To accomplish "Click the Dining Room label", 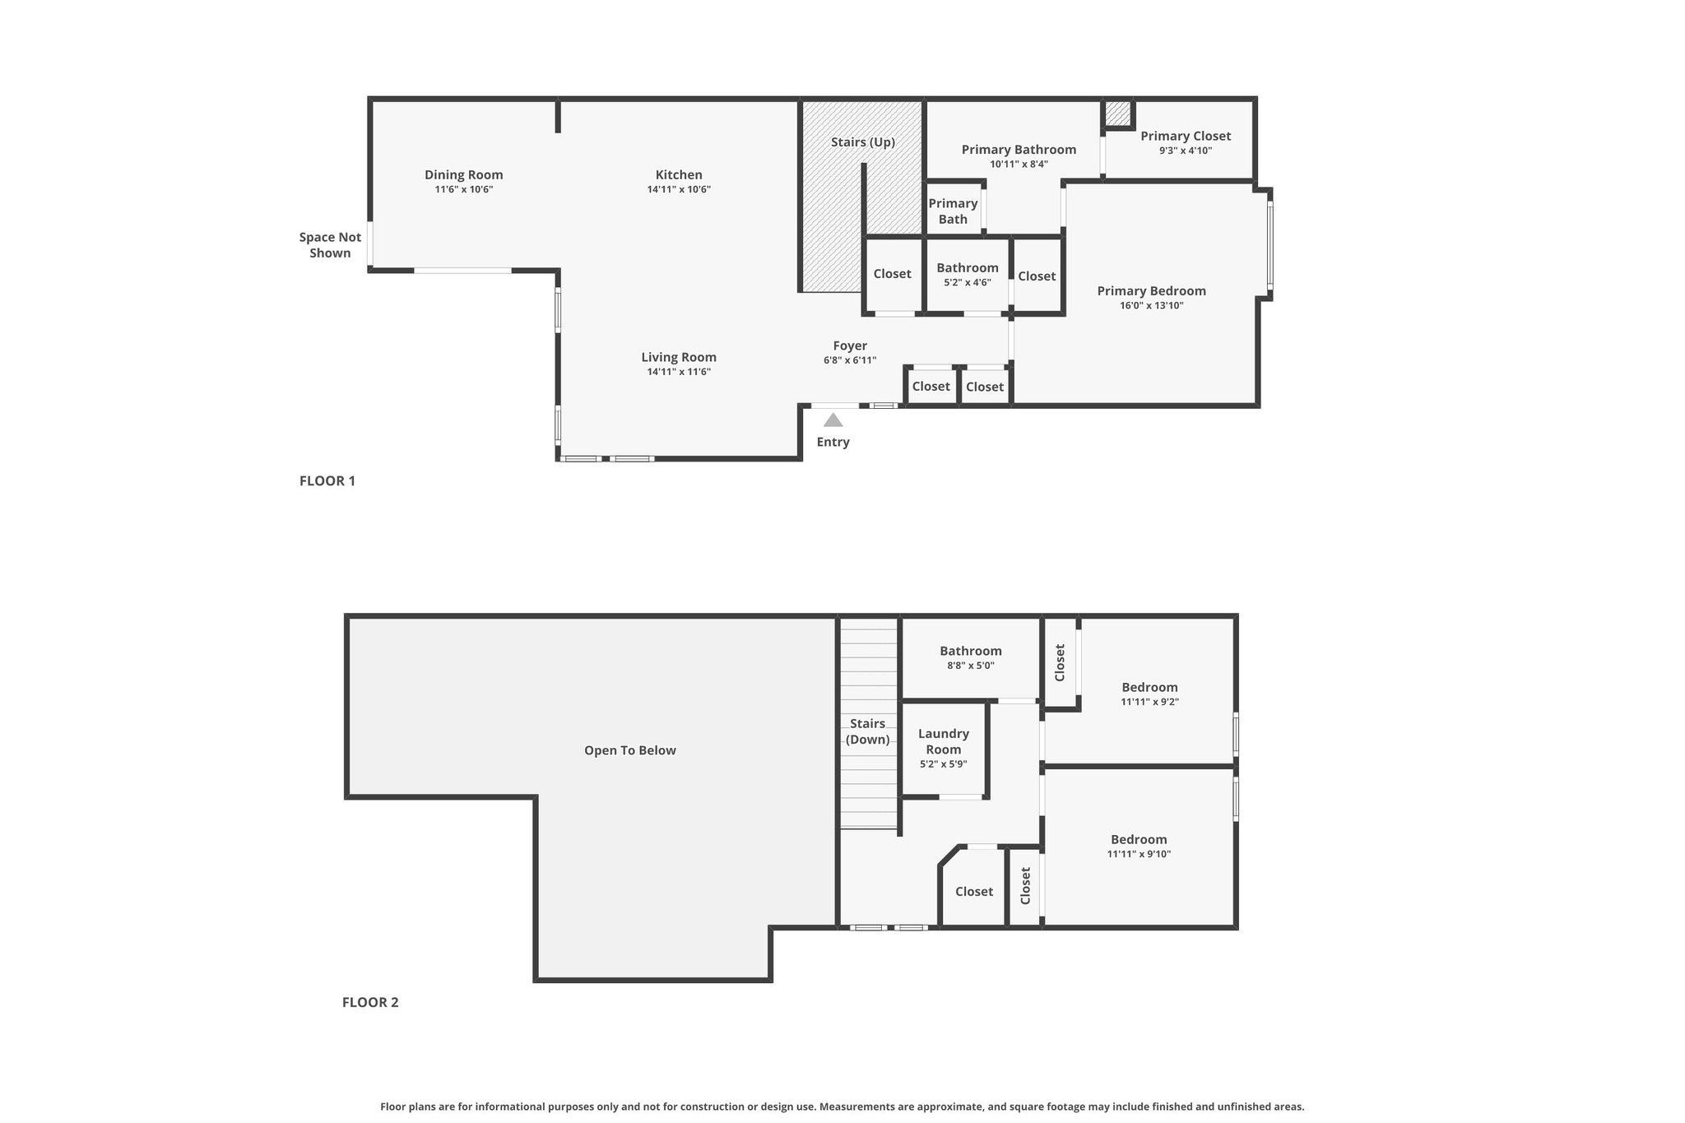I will click(x=463, y=174).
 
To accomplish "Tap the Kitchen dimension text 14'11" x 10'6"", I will click(x=679, y=189).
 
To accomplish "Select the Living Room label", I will click(x=679, y=357).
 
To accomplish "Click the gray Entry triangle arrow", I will click(x=833, y=420).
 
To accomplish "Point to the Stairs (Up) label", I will click(x=862, y=142).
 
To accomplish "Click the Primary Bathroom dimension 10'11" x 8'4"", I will click(x=1019, y=164).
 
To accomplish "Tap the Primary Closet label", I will click(x=1185, y=136).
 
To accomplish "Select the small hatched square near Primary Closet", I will click(x=1117, y=114).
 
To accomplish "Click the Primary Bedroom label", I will click(x=1151, y=290).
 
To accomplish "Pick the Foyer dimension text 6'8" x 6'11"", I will click(x=850, y=360).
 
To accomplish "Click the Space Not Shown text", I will click(x=330, y=245).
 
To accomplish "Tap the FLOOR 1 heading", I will click(x=327, y=480).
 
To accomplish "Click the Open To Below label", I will click(x=629, y=750).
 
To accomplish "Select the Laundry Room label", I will click(x=943, y=741).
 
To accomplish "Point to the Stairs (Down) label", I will click(x=867, y=731).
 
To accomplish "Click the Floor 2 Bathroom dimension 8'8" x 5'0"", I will click(x=971, y=666).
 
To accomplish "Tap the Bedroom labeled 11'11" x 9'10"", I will click(x=1139, y=839).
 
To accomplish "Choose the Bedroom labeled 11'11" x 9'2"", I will click(x=1149, y=687).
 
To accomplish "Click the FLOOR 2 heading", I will click(x=370, y=1002).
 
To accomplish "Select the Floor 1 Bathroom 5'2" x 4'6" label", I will click(x=967, y=267).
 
